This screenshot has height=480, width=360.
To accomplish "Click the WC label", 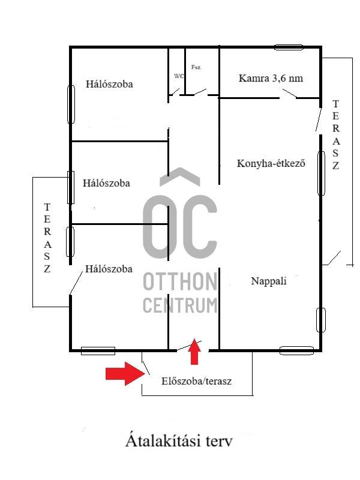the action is click(179, 76).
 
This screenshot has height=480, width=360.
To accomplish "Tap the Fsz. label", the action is click(196, 67).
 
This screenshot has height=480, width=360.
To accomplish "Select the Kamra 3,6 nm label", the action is click(271, 78).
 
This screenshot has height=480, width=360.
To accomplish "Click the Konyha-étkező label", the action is click(271, 163).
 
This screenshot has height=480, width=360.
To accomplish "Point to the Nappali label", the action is click(269, 281).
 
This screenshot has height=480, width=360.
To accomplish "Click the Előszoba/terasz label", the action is click(196, 381).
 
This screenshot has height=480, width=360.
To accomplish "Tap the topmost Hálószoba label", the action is click(109, 84).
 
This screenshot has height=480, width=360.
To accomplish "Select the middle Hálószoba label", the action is click(106, 183).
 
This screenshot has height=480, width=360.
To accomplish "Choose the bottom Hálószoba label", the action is click(109, 269).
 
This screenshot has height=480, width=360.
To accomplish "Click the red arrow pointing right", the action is click(125, 373).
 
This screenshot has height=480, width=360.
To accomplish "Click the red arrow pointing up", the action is click(194, 352).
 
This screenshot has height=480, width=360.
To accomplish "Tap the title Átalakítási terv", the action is click(179, 441).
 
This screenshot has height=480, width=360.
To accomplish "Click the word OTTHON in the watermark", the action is click(180, 281).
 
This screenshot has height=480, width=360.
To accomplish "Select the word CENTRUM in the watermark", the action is click(180, 305).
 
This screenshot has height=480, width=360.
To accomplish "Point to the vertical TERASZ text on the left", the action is click(47, 238).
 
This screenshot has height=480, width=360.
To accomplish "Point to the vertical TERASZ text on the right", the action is click(336, 134).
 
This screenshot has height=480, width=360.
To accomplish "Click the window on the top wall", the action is click(289, 47).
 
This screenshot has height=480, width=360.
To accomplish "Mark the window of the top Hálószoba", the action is click(71, 104).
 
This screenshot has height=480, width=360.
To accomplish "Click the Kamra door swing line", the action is click(289, 94).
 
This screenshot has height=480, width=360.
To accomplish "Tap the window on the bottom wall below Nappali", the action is click(296, 350).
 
